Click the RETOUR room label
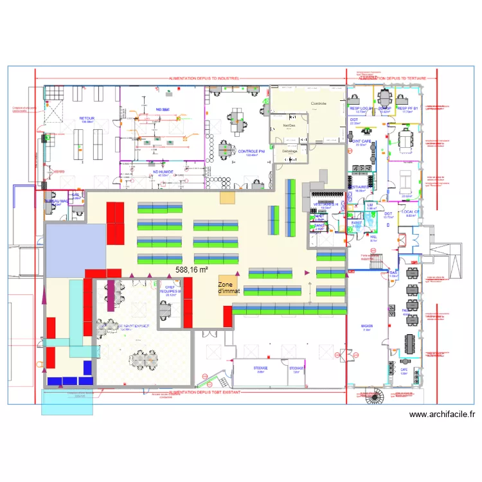(86, 119)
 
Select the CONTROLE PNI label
(247, 152)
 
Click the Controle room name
(319, 103)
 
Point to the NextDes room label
(289, 126)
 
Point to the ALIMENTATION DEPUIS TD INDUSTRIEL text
(204, 78)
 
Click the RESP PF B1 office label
(407, 109)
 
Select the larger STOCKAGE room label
(261, 369)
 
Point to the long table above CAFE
(409, 348)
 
